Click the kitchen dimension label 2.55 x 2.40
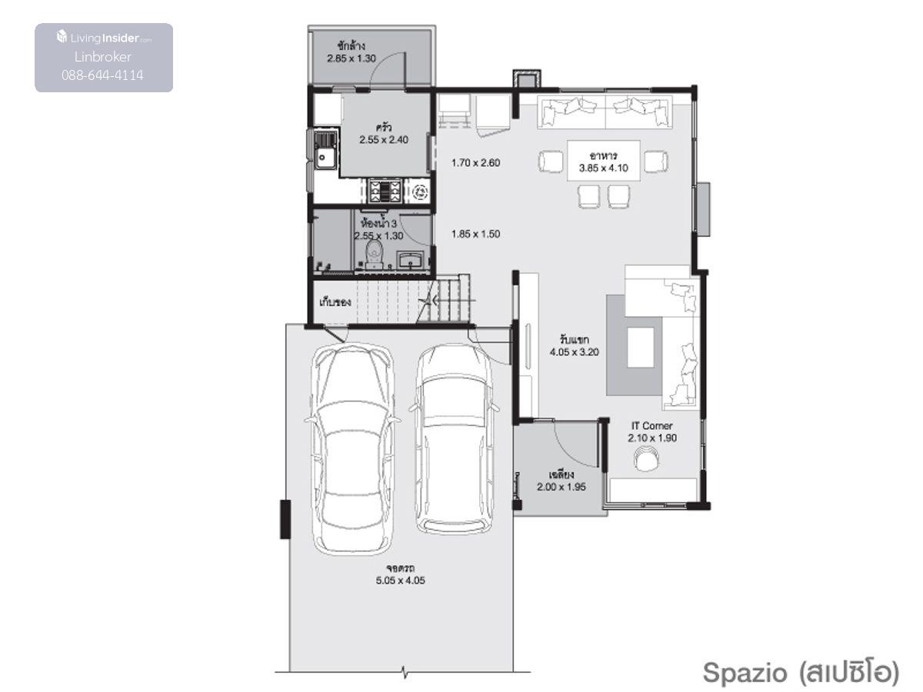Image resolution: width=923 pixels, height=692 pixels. click(384, 140)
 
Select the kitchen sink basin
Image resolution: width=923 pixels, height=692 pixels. click(325, 157)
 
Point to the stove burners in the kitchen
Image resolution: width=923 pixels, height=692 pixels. click(384, 191)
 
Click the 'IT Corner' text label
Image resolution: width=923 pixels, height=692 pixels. click(651, 426)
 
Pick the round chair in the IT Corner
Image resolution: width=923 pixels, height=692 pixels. click(647, 458)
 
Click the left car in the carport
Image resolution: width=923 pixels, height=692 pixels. click(352, 450)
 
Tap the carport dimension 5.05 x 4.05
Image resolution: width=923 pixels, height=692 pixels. click(400, 581)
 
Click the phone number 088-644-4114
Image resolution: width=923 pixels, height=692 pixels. click(102, 75)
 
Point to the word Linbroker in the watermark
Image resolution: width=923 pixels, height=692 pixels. click(103, 57)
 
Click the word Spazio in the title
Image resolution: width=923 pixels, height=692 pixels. click(745, 673)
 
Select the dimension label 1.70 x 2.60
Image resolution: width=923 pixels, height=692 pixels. click(475, 162)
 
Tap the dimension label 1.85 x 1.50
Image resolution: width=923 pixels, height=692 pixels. click(475, 234)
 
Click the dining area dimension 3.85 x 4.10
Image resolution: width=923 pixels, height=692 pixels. click(604, 168)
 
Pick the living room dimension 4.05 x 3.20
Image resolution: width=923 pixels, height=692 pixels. click(575, 352)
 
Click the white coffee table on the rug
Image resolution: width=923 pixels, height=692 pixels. click(641, 348)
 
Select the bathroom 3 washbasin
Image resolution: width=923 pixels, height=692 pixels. click(411, 260)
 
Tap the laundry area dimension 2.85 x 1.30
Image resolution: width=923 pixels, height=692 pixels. click(352, 58)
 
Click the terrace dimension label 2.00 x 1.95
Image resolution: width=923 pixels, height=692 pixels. click(561, 487)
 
